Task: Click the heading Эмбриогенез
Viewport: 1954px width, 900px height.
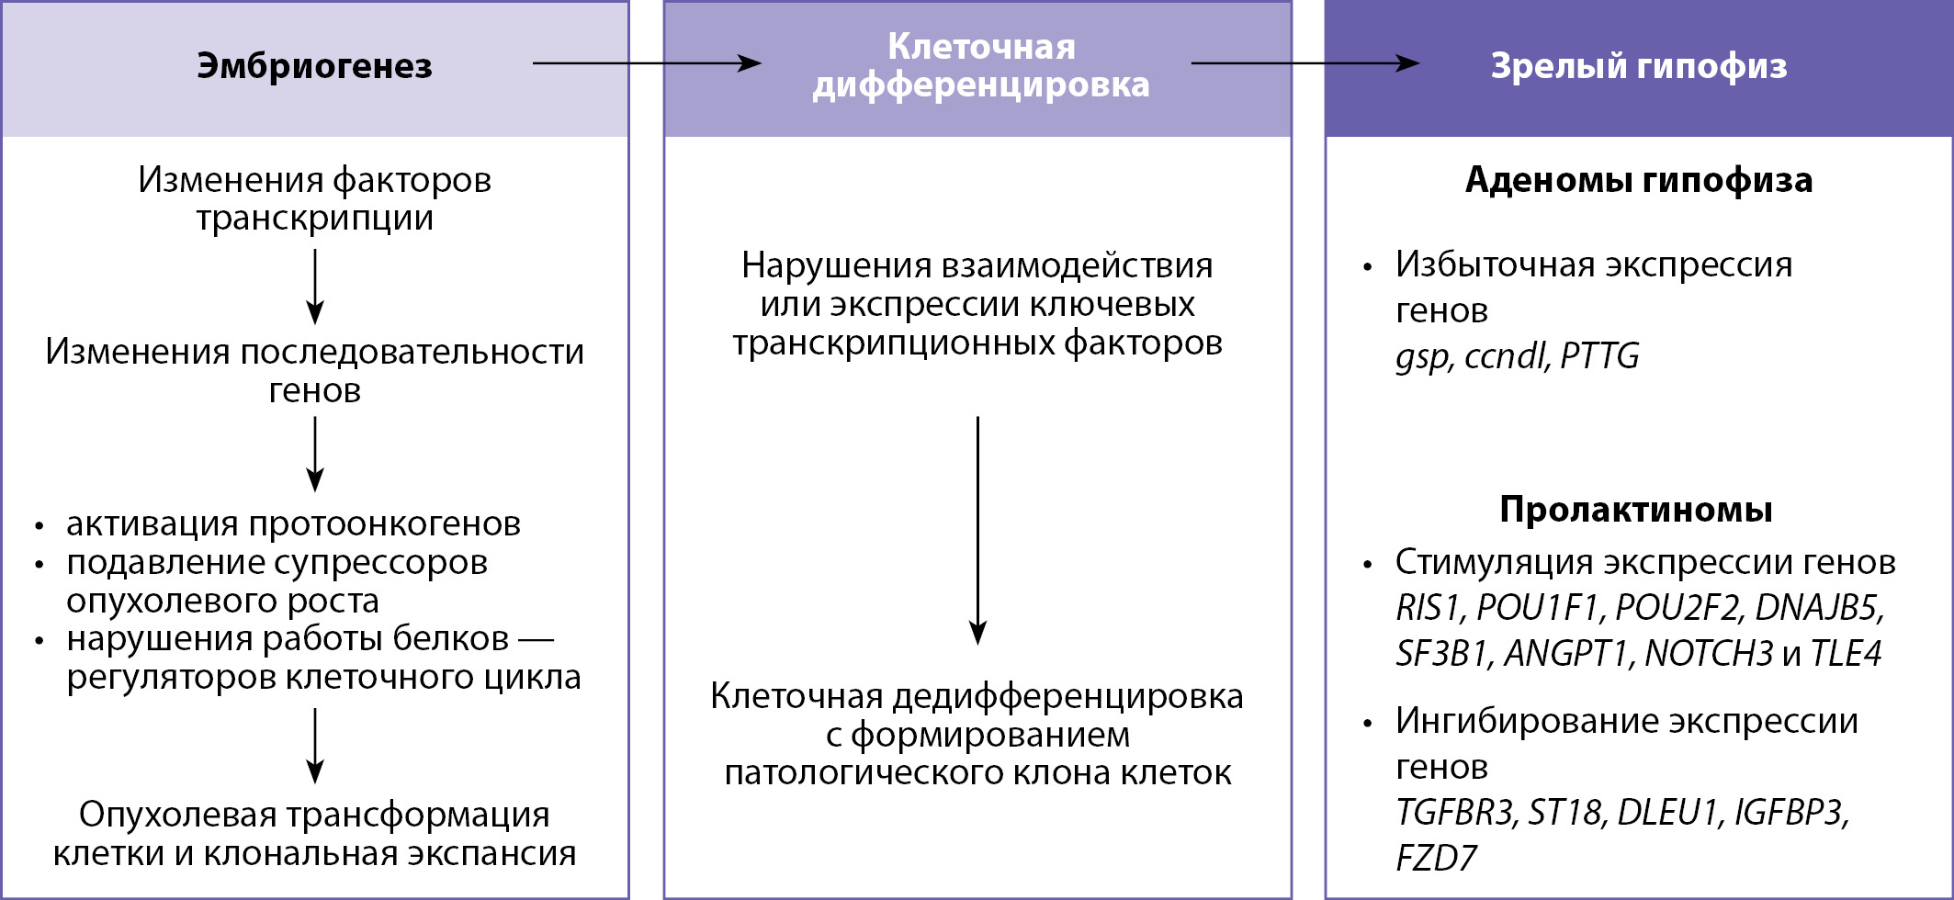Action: pos(314,66)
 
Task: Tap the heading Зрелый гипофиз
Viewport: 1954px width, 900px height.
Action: pos(1638,66)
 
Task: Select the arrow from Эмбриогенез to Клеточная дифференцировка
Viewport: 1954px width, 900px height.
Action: pos(647,63)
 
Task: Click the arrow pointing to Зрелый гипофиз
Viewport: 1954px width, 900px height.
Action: pos(1305,63)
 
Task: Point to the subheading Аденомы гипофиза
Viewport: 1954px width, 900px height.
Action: pos(1638,180)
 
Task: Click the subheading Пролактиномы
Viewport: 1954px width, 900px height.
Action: pos(1635,510)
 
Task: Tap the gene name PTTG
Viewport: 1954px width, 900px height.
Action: pos(1599,356)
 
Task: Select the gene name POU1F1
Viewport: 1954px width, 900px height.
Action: pos(1539,608)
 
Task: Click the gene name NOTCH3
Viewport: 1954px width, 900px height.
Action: pos(1708,654)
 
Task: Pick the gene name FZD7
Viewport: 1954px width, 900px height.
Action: pos(1436,859)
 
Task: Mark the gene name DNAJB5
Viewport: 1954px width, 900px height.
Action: pos(1817,608)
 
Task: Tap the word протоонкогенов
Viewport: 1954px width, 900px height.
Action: pos(384,524)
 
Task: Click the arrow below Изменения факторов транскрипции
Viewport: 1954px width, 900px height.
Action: pos(315,287)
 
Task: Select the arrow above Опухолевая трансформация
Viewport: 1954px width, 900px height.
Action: pos(315,745)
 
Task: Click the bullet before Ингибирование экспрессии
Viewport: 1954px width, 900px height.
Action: pos(1368,724)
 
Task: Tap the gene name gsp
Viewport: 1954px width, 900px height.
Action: pos(1422,357)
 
